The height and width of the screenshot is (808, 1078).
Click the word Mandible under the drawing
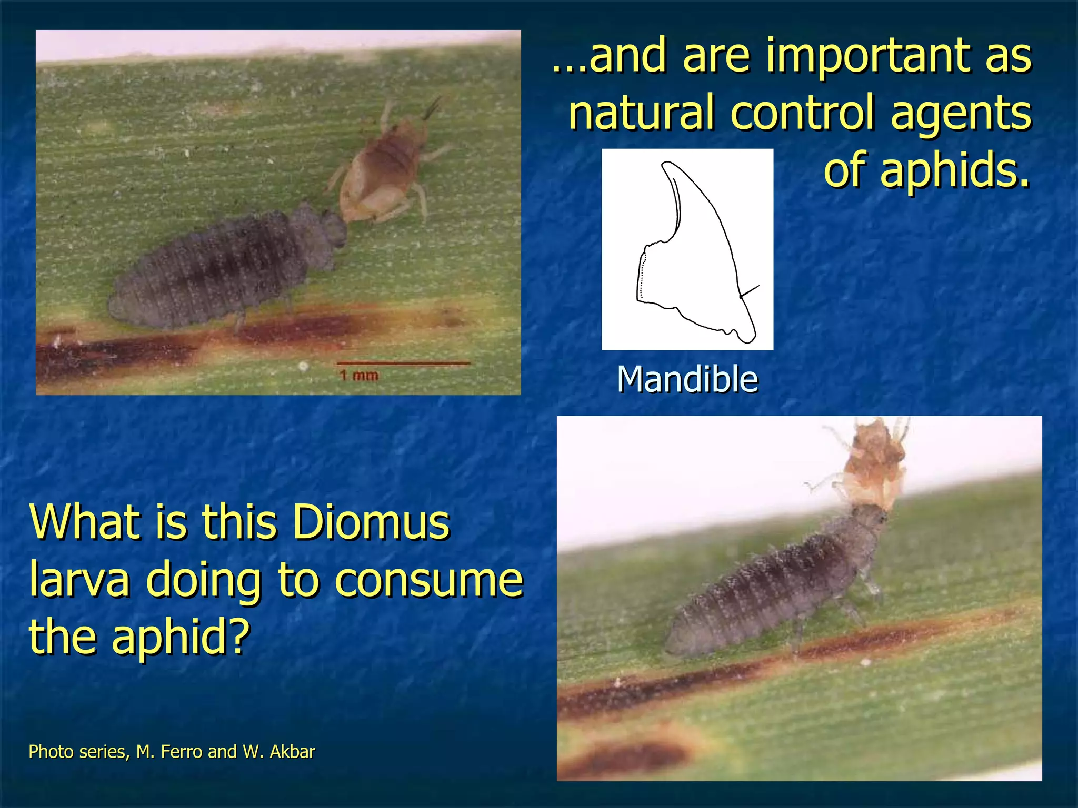click(x=687, y=379)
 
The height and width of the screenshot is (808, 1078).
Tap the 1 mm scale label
click(x=359, y=376)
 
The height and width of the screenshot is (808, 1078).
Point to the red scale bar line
click(x=403, y=363)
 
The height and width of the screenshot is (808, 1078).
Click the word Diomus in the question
click(x=371, y=522)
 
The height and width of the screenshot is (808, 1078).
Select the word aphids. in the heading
click(x=926, y=169)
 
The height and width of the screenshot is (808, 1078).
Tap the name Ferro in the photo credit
click(x=182, y=752)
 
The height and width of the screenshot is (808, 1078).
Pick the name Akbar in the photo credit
click(x=292, y=752)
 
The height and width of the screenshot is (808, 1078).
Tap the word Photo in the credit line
click(x=52, y=752)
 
